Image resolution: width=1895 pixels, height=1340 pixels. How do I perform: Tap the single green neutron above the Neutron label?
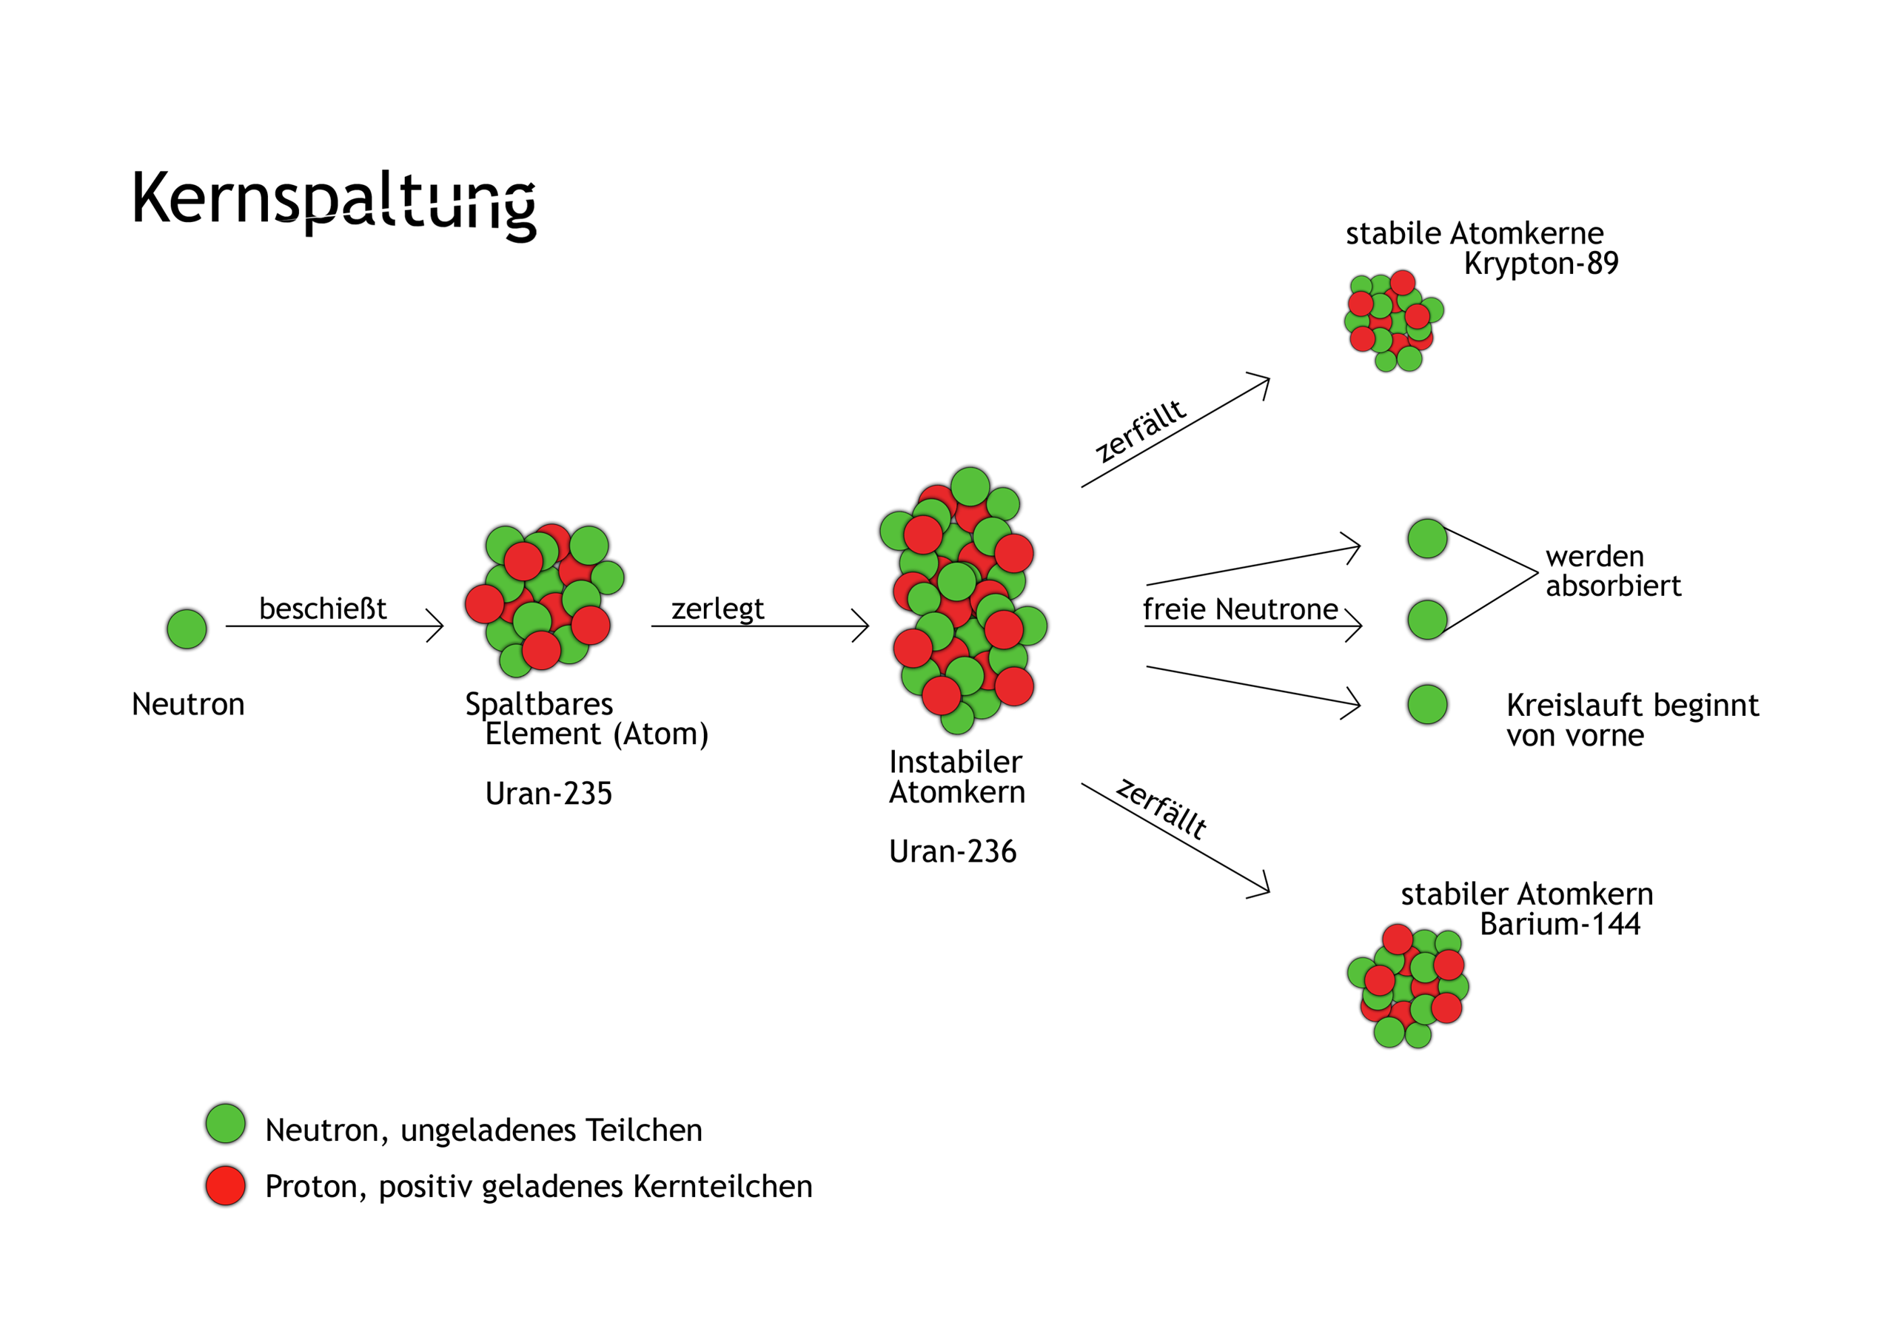tap(187, 629)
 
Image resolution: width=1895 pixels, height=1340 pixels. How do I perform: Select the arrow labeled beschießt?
tap(335, 626)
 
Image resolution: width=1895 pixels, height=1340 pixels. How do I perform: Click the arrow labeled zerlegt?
tap(759, 626)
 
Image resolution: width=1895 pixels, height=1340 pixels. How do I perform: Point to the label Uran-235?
tap(548, 794)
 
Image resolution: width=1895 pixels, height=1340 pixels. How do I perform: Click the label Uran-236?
tap(953, 851)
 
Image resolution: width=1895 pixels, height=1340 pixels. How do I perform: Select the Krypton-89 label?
tap(1541, 264)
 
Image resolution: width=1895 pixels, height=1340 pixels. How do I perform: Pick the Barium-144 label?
tap(1559, 924)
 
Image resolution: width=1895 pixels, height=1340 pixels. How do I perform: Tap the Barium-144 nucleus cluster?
tap(1408, 987)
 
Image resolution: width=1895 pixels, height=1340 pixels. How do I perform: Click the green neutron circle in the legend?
tap(225, 1124)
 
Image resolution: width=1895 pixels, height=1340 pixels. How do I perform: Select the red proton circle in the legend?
tap(225, 1185)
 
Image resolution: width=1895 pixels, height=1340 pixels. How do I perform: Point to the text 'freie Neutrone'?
tap(1240, 609)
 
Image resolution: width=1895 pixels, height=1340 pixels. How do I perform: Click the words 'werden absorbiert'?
tap(1612, 571)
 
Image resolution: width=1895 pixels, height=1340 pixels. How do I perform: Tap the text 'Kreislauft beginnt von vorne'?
tap(1631, 720)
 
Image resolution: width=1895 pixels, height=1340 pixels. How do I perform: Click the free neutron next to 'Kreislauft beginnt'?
tap(1427, 704)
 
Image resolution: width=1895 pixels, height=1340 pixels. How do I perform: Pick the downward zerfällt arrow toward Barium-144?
tap(1175, 838)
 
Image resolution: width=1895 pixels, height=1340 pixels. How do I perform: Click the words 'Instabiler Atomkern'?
tap(956, 777)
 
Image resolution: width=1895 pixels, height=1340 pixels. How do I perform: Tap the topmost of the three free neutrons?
tap(1427, 538)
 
